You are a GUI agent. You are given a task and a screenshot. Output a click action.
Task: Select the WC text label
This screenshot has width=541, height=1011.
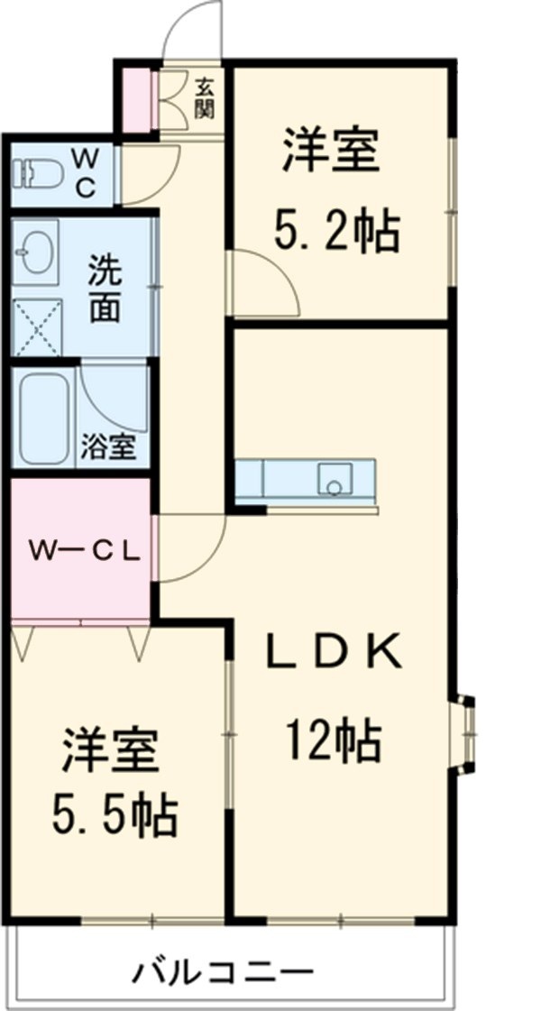coord(87,172)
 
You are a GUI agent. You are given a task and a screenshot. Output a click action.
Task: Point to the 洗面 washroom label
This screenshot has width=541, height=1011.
coord(105,288)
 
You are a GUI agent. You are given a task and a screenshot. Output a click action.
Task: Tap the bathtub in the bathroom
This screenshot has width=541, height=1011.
coord(46,418)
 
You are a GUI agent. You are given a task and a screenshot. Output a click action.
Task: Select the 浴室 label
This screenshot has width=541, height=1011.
coord(110,447)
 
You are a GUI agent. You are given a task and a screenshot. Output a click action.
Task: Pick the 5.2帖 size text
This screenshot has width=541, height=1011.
coord(335,233)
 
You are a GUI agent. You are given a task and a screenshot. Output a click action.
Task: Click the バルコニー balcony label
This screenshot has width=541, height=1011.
coord(225,973)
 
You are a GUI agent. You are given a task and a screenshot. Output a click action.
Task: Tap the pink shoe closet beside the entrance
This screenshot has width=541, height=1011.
coord(136,96)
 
